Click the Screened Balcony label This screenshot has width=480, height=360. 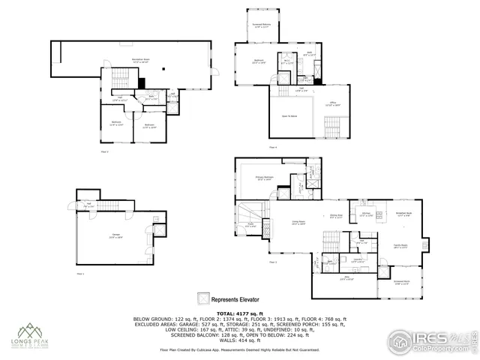tap(260, 26)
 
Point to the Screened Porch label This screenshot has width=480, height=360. tap(401, 283)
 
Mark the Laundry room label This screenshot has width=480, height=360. tap(358, 260)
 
